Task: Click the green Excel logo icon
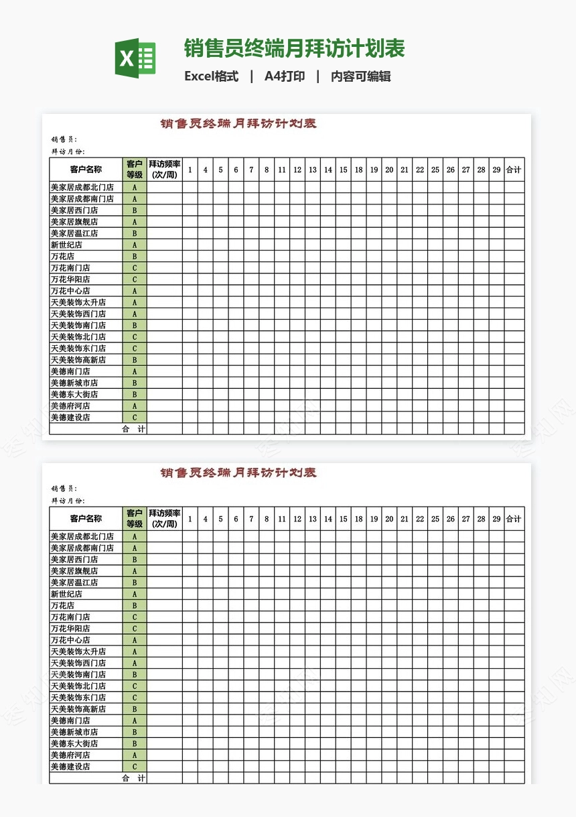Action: (x=135, y=58)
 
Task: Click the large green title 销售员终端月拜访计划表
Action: (x=294, y=49)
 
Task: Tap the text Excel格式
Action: (x=211, y=76)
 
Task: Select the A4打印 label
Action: (x=285, y=76)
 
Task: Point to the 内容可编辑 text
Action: (x=360, y=76)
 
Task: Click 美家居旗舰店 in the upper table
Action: (x=74, y=222)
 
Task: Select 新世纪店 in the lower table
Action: (x=66, y=594)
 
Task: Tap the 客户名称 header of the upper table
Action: (x=86, y=170)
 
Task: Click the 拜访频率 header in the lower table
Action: (x=164, y=519)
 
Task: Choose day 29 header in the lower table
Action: (x=496, y=519)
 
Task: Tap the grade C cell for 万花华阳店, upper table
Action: (x=135, y=279)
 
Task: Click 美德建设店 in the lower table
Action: (x=70, y=767)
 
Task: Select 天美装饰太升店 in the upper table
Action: (x=78, y=302)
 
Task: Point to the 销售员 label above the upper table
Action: (x=64, y=139)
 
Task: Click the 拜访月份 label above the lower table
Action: (x=68, y=501)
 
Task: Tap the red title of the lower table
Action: (x=238, y=473)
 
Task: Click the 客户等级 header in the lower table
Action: (x=135, y=519)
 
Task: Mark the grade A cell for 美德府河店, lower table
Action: (x=135, y=755)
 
